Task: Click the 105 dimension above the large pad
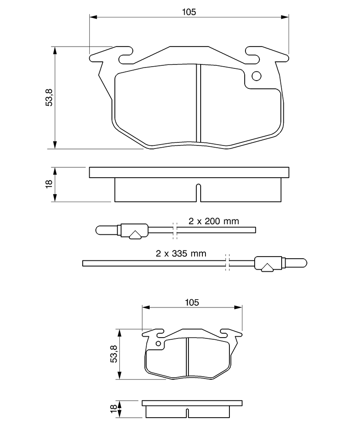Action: point(189,12)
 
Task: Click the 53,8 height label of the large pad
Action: point(49,98)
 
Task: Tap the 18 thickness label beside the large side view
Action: point(49,183)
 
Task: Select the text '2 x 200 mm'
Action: point(214,221)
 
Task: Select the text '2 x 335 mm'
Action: point(181,253)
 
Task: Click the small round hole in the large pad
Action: point(256,76)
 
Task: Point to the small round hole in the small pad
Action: point(158,343)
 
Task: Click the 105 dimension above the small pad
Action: point(192,302)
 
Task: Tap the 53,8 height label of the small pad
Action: point(114,354)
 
